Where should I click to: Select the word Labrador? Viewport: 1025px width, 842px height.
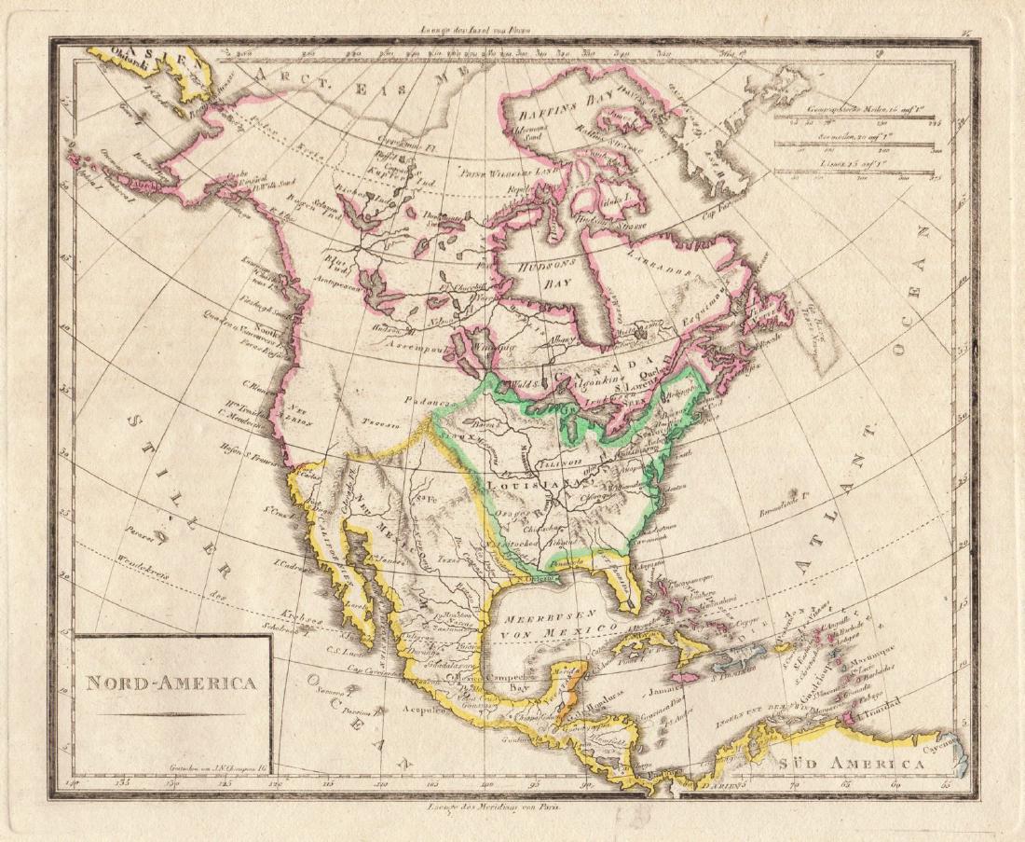coord(663,262)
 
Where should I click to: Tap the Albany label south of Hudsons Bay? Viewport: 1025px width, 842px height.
coord(562,340)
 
